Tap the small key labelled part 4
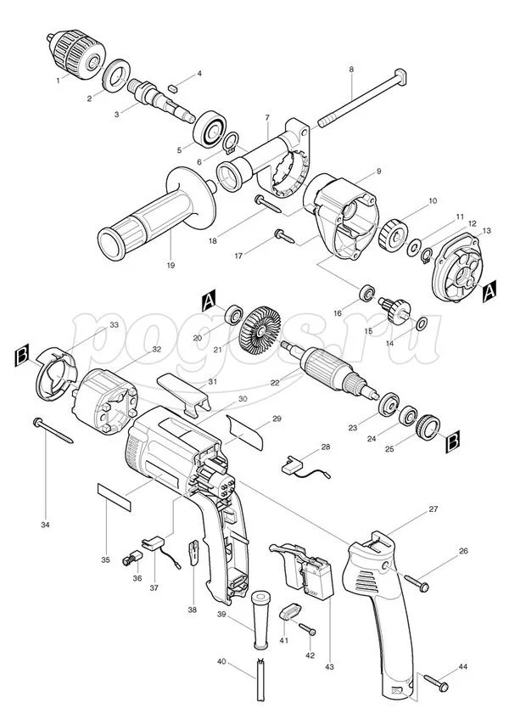[x=173, y=87]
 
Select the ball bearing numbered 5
[x=210, y=129]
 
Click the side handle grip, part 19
[x=157, y=214]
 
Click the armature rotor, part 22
[x=333, y=370]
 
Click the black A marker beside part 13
[x=489, y=291]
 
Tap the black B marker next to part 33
[x=22, y=355]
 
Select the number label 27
[x=433, y=509]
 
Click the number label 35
[x=105, y=560]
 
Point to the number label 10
[x=433, y=201]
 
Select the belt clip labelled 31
[x=184, y=391]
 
